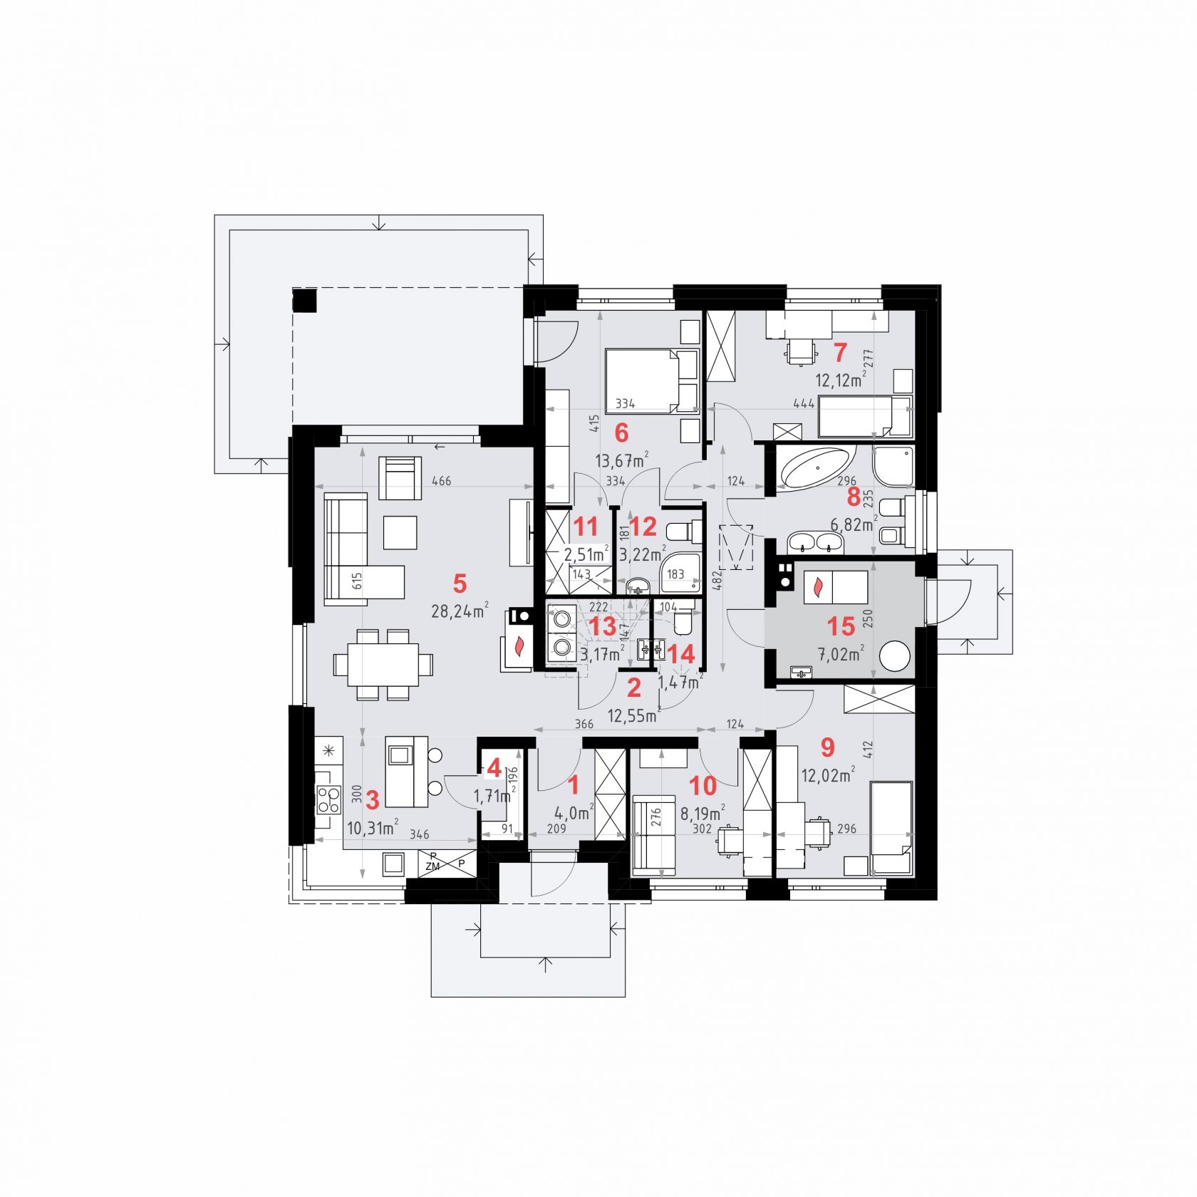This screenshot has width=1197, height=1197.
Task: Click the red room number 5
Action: tap(460, 584)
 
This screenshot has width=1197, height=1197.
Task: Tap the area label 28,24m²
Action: tap(460, 611)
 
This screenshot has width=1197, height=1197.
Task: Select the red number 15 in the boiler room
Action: tap(841, 626)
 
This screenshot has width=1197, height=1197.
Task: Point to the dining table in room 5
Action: tap(382, 665)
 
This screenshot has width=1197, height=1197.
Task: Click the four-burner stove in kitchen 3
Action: tap(328, 798)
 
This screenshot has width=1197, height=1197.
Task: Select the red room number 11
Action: tap(586, 527)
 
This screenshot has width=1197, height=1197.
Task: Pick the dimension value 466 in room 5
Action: tap(442, 482)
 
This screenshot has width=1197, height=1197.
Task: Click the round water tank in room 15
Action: tap(895, 655)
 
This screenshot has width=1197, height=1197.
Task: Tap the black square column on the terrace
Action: tap(306, 300)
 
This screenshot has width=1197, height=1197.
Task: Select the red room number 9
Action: tap(827, 747)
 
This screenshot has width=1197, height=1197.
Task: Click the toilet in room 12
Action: tap(680, 532)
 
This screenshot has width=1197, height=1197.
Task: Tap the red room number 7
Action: tap(840, 352)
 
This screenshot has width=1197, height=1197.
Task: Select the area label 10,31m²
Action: tap(372, 827)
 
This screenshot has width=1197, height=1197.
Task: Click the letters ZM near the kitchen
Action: tap(432, 866)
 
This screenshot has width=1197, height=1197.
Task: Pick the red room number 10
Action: tap(703, 786)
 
